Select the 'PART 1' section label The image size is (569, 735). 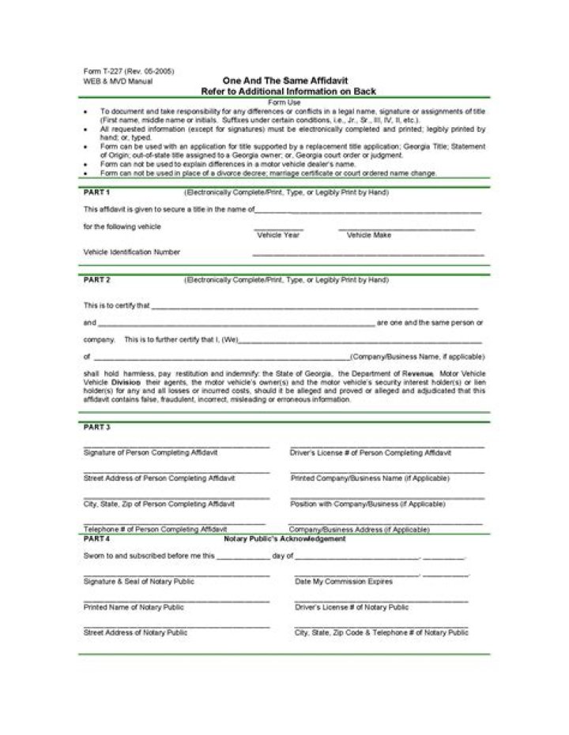coord(97,193)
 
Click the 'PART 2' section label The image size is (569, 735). coord(97,280)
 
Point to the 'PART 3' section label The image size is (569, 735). coord(97,427)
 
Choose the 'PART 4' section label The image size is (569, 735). coord(97,539)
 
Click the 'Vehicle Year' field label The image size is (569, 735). coord(278,235)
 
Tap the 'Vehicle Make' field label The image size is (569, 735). coord(369,235)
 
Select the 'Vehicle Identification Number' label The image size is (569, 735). coord(132,253)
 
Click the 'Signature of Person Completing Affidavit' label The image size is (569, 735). coord(151,453)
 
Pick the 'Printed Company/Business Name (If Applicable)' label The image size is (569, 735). coord(371,478)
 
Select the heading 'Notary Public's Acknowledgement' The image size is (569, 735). coord(284,539)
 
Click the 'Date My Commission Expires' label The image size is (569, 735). coord(343,582)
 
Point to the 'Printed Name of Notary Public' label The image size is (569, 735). coord(134,607)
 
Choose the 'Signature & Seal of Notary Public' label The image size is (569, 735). coord(139,582)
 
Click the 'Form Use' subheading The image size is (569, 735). coord(284,103)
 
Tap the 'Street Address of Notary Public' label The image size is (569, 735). coord(135,632)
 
